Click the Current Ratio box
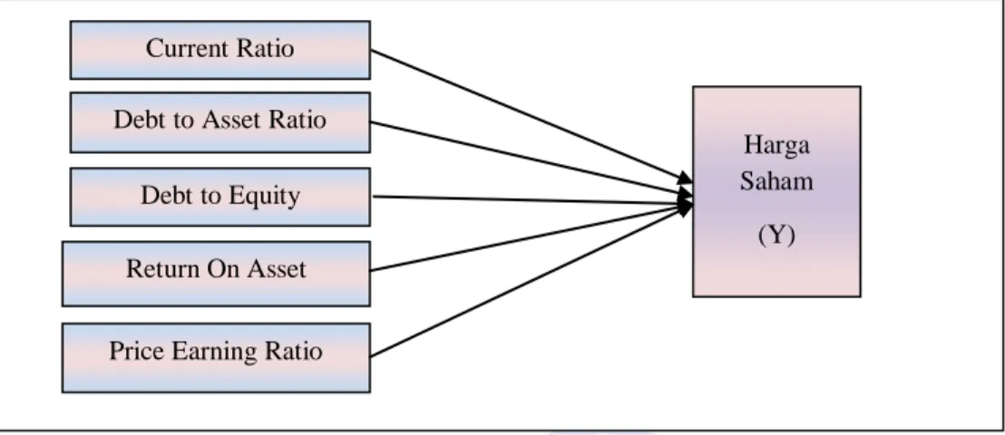tap(220, 50)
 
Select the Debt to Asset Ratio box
tap(220, 122)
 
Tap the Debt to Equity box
tap(220, 197)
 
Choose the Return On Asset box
tap(216, 274)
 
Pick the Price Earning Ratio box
tap(216, 357)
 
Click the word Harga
tap(776, 145)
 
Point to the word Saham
tap(776, 180)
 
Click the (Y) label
tap(776, 235)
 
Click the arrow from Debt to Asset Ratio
tap(532, 159)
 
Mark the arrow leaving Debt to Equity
tap(532, 200)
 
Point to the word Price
tap(129, 351)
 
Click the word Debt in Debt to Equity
tap(161, 196)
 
